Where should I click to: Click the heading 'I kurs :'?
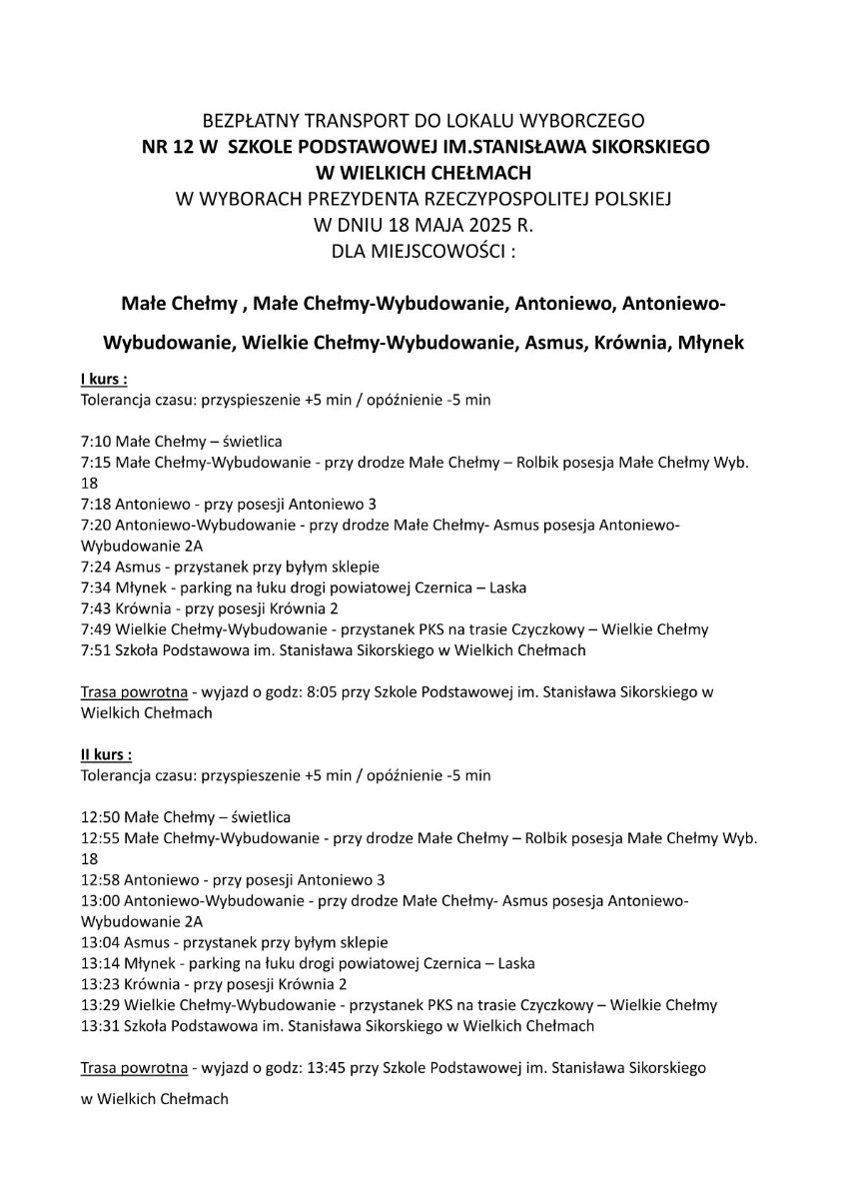(104, 380)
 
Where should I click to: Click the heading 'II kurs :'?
(106, 754)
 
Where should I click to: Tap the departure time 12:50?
(100, 816)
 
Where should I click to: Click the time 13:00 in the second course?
(100, 900)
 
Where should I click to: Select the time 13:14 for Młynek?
(100, 963)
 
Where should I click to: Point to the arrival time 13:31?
(100, 1026)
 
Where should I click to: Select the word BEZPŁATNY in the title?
(251, 120)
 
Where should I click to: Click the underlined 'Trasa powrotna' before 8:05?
(133, 691)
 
